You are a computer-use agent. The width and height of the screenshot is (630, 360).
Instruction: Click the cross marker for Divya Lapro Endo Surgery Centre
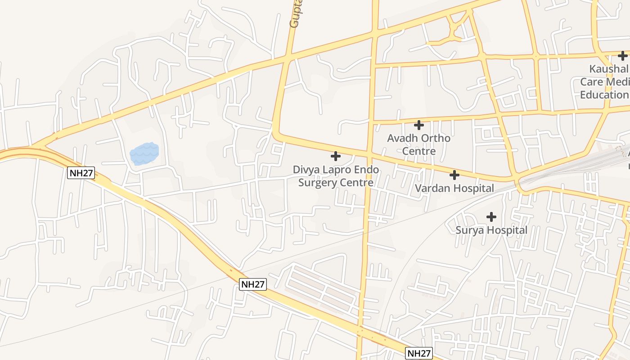pyautogui.click(x=335, y=156)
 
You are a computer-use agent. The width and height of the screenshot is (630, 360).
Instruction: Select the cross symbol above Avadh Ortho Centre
pyautogui.click(x=419, y=125)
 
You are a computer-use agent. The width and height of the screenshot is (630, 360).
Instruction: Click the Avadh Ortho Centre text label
pyautogui.click(x=419, y=144)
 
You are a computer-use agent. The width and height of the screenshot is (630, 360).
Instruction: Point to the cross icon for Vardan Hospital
pyautogui.click(x=454, y=175)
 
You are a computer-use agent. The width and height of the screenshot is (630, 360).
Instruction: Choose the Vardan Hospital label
pyautogui.click(x=454, y=188)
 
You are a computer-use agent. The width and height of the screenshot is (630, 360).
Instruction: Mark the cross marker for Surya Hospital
pyautogui.click(x=491, y=217)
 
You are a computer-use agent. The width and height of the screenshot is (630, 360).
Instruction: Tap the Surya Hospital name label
pyautogui.click(x=491, y=230)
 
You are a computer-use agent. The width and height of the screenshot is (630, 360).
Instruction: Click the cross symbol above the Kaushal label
pyautogui.click(x=623, y=56)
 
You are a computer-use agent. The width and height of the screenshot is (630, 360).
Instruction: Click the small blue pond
pyautogui.click(x=144, y=153)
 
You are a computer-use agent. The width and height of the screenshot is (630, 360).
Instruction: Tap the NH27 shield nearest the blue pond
pyautogui.click(x=81, y=173)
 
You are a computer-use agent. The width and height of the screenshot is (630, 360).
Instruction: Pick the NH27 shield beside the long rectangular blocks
pyautogui.click(x=253, y=284)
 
